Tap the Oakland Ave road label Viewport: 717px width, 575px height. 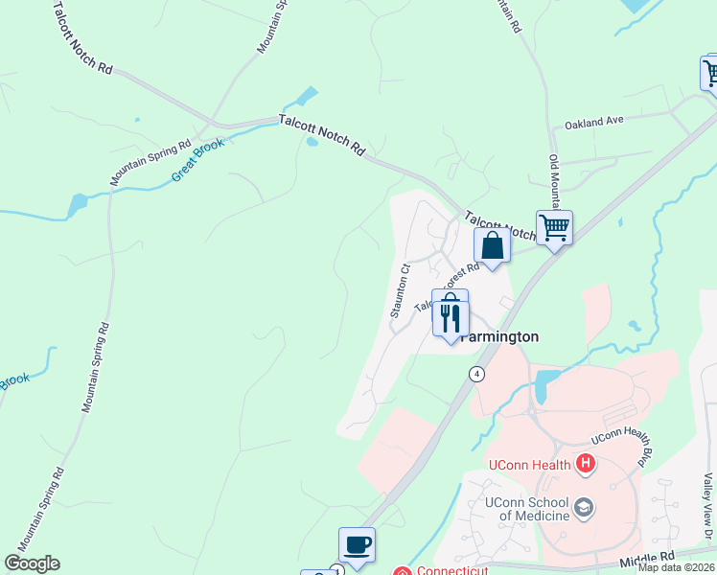594,122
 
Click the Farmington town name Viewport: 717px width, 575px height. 498,337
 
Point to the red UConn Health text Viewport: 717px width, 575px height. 530,466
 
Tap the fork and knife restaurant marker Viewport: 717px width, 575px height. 451,315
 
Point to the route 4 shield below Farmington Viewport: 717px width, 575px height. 476,373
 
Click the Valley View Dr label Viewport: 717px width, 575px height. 708,497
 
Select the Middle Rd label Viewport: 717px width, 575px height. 647,557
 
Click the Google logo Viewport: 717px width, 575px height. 32,563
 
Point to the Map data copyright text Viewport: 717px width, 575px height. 677,567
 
